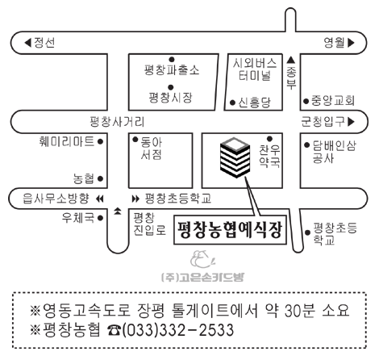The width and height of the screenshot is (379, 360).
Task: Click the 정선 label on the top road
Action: point(44,43)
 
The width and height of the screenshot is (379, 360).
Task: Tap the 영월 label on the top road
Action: point(334,43)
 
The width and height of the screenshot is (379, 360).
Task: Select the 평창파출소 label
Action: point(172,70)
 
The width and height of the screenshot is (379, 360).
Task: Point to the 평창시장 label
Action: point(171,97)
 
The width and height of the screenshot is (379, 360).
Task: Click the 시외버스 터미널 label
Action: point(255,69)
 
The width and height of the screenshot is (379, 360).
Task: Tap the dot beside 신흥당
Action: point(233,103)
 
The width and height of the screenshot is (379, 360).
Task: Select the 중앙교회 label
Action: point(333,101)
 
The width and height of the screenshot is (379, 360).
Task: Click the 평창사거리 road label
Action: point(117,122)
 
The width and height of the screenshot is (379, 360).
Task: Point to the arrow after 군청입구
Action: point(351,122)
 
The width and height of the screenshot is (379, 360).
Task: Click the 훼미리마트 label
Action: point(67,141)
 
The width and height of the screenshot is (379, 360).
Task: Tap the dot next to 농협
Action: point(100,178)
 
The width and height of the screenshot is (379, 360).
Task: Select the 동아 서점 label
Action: point(152,149)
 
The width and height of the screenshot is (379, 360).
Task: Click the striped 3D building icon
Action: point(235,157)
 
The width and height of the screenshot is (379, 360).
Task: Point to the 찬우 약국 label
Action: point(269,156)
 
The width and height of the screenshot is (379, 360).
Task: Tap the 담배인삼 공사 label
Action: point(335,152)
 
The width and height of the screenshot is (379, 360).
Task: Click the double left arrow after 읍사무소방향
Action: point(100,199)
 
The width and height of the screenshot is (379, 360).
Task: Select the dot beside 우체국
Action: point(100,218)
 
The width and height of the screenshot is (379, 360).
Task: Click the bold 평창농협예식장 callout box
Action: point(230,230)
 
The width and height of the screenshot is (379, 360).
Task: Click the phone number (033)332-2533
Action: point(178,330)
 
